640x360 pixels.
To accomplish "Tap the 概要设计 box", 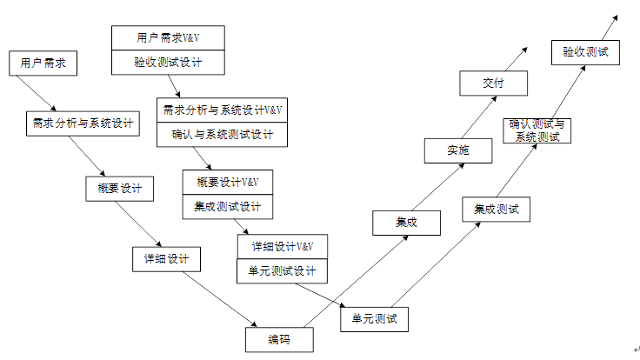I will pos(120,189).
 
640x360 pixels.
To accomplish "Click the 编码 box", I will pos(278,339).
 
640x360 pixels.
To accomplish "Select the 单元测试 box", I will pos(374,319).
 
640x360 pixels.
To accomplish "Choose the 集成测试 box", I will pos(496,210).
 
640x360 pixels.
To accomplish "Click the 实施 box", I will pos(458,150).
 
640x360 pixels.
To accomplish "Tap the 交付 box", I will pos(493,83).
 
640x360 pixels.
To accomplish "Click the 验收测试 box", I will pos(585,51).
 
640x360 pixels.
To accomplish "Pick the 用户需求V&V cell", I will pos(168,38).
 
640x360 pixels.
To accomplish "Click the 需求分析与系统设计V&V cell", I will pos(223,110).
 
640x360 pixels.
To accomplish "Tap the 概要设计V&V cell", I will pos(228,182).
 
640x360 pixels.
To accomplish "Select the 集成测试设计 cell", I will pos(228,206).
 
